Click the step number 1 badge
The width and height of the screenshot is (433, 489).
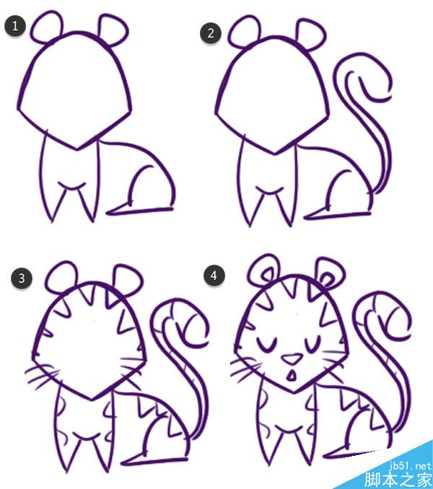click(14, 26)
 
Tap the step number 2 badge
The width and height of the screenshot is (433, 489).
click(211, 33)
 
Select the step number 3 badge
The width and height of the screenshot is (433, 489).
click(21, 278)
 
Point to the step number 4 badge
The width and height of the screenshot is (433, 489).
click(214, 276)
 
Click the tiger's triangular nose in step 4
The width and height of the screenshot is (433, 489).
click(292, 358)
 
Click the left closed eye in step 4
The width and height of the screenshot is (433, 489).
click(266, 345)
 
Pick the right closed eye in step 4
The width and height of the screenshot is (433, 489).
click(312, 344)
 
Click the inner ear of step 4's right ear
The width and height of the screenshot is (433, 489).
click(326, 278)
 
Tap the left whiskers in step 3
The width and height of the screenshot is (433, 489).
click(42, 376)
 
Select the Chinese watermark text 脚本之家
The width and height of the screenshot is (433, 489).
click(398, 480)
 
